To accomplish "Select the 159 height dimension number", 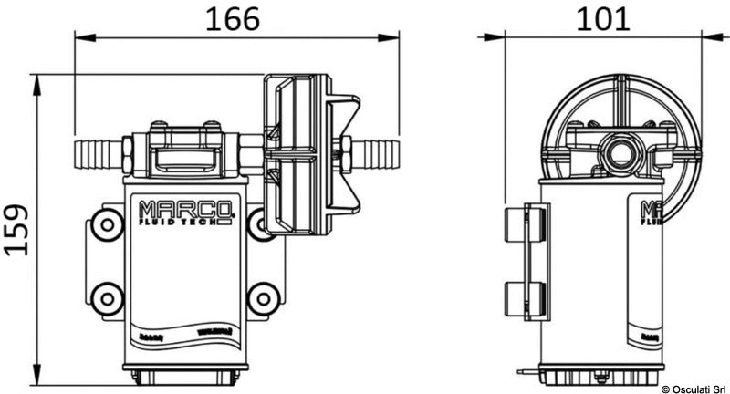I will pyautogui.click(x=17, y=230).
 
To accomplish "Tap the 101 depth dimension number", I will pyautogui.click(x=602, y=18).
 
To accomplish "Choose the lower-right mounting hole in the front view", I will pyautogui.click(x=263, y=297).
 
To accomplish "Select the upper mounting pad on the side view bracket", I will pyautogui.click(x=527, y=223).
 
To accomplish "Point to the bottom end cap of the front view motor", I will pyautogui.click(x=185, y=374).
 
